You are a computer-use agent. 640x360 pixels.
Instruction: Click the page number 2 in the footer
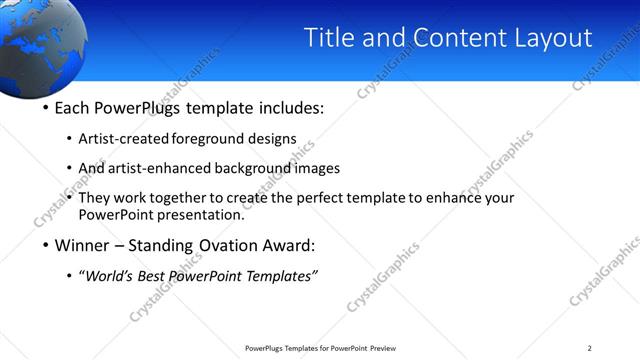(590, 348)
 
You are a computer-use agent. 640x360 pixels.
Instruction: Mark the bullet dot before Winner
(46, 245)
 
